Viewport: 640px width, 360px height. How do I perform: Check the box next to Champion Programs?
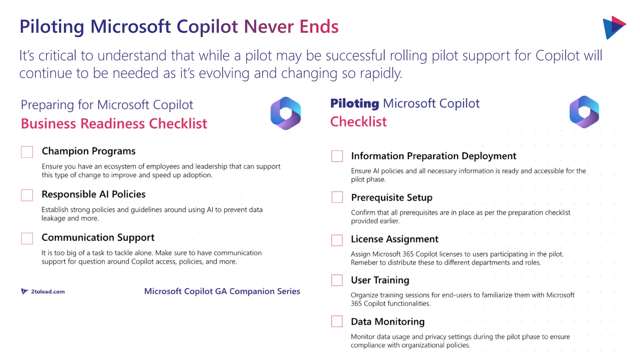(x=27, y=152)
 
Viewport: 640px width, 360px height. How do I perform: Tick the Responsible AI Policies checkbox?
(x=27, y=195)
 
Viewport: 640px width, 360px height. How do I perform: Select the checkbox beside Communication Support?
(x=27, y=238)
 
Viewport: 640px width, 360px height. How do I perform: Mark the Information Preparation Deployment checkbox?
(x=337, y=156)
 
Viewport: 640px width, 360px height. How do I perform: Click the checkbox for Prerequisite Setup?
(x=337, y=197)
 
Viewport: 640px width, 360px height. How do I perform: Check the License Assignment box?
(x=337, y=240)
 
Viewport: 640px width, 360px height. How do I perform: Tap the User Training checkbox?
(x=337, y=280)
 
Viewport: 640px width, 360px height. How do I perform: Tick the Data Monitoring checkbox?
(x=337, y=321)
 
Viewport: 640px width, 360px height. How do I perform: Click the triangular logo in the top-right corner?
(x=613, y=27)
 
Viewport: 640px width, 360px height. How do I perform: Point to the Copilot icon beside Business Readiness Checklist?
(x=286, y=113)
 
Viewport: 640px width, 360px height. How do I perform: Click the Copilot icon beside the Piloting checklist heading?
(x=584, y=112)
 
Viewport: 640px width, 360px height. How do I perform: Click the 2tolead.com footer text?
(x=48, y=292)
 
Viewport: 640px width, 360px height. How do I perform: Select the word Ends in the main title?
(x=319, y=27)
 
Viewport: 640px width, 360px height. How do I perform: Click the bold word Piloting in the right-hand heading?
(x=355, y=103)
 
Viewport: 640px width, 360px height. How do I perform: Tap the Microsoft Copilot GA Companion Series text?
(x=222, y=291)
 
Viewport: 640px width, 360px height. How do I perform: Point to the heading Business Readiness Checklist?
(x=114, y=124)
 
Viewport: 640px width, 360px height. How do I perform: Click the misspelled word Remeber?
(x=364, y=262)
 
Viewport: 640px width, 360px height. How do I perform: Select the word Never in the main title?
(x=269, y=27)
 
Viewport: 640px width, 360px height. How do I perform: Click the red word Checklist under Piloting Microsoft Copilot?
(x=358, y=122)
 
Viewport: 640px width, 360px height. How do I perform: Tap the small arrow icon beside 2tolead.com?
(x=24, y=291)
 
